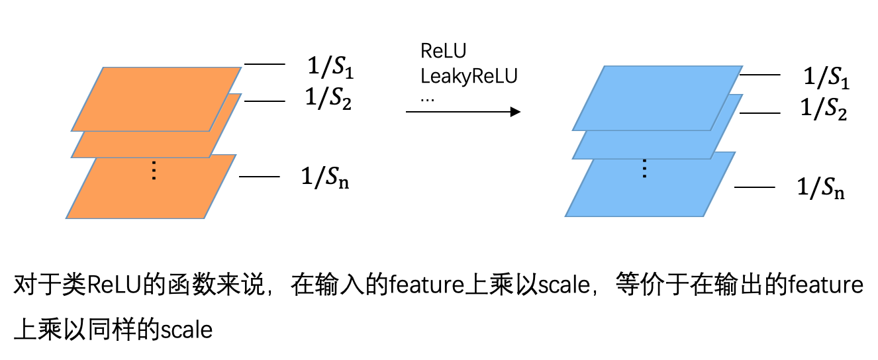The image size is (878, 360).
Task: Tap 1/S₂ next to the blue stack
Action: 824,109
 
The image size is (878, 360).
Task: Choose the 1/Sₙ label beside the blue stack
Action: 821,188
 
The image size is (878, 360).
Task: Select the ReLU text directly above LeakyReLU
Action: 444,52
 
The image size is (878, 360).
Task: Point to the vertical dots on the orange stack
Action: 154,171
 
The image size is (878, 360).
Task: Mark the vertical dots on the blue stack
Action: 645,170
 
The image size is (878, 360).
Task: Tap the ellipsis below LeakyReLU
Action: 428,97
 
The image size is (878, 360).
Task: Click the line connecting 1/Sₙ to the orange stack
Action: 259,177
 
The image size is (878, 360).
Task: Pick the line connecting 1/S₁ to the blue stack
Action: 757,75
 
